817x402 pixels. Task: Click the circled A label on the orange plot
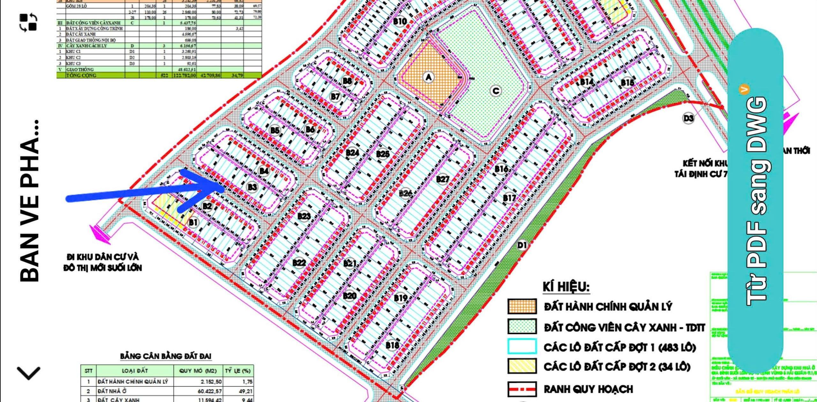428,77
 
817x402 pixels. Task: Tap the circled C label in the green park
496,91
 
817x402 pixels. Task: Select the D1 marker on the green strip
522,245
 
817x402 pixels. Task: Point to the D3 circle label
688,118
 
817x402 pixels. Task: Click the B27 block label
442,179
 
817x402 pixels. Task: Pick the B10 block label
400,21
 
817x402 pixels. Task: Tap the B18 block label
392,345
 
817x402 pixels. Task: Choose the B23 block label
304,216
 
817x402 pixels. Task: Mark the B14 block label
587,82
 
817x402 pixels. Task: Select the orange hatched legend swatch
522,307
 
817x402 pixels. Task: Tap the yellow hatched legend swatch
522,366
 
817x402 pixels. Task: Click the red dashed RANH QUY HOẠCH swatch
522,389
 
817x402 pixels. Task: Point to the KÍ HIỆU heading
566,287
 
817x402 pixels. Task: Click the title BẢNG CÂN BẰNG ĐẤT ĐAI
166,356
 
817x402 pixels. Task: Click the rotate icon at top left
29,22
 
